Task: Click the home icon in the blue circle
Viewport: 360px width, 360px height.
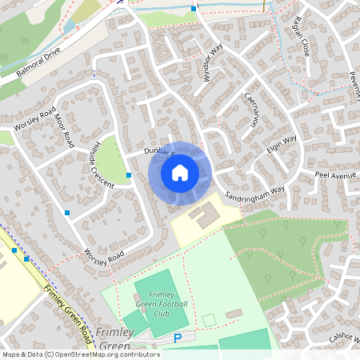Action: point(180,173)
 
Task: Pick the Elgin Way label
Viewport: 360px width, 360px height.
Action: point(282,146)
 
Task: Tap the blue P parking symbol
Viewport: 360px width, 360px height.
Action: point(178,339)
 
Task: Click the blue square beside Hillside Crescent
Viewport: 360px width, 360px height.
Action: point(129,174)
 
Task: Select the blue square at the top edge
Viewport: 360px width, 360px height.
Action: point(194,9)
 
